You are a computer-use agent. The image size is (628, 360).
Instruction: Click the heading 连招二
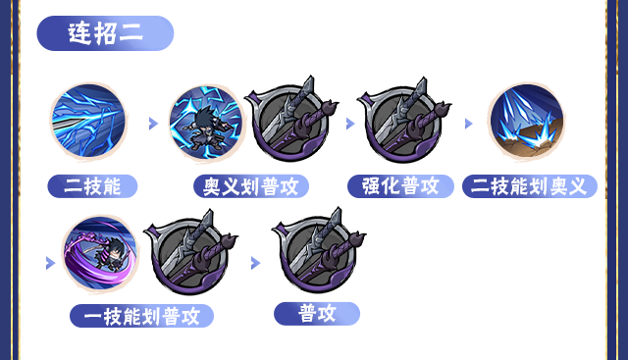(105, 32)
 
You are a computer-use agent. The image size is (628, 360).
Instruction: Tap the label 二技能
(92, 185)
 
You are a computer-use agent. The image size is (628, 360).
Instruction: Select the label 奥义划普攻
(251, 185)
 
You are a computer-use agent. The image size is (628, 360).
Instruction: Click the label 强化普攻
(400, 185)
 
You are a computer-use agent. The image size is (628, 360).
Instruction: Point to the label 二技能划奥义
(530, 185)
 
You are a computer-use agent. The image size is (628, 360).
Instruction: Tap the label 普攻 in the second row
(317, 313)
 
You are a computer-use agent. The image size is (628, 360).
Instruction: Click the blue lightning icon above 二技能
(89, 122)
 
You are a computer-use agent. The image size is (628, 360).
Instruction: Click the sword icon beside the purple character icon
(188, 255)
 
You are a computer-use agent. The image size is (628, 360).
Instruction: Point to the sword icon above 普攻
(316, 255)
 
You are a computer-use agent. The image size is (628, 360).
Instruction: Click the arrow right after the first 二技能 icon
(153, 124)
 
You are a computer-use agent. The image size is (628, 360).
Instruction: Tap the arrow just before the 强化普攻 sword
(350, 124)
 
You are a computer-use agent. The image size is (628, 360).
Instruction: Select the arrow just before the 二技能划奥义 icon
(469, 124)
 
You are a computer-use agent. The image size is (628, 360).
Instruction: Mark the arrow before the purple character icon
(50, 263)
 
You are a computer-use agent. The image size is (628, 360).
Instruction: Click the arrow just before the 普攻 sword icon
(255, 263)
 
